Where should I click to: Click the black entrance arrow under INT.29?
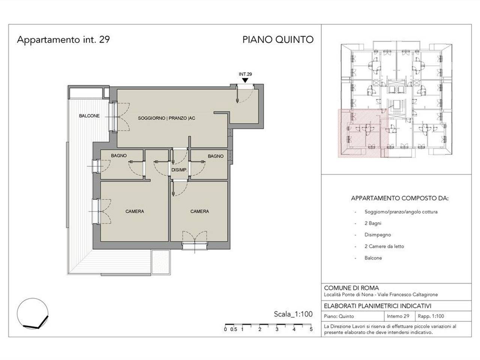pyautogui.click(x=245, y=80)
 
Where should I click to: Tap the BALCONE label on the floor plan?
pyautogui.click(x=89, y=116)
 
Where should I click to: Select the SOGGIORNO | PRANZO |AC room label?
pyautogui.click(x=166, y=118)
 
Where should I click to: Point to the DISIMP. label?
pyautogui.click(x=179, y=170)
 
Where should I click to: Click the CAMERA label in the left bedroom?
pyautogui.click(x=135, y=211)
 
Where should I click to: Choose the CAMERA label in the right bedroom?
pyautogui.click(x=199, y=211)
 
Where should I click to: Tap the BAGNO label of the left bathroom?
pyautogui.click(x=119, y=156)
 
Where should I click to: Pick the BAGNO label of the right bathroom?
pyautogui.click(x=216, y=156)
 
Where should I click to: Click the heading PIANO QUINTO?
pyautogui.click(x=278, y=40)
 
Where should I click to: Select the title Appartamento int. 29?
pyautogui.click(x=63, y=40)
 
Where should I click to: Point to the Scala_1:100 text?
pyautogui.click(x=293, y=314)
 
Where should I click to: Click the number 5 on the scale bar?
pyautogui.click(x=311, y=329)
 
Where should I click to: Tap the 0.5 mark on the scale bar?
pyautogui.click(x=234, y=329)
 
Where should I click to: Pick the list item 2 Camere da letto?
pyautogui.click(x=384, y=246)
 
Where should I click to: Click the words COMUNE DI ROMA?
pyautogui.click(x=351, y=288)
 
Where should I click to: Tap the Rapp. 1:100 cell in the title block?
pyautogui.click(x=431, y=316)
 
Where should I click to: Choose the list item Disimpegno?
pyautogui.click(x=378, y=235)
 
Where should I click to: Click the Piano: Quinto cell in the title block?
pyautogui.click(x=339, y=316)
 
